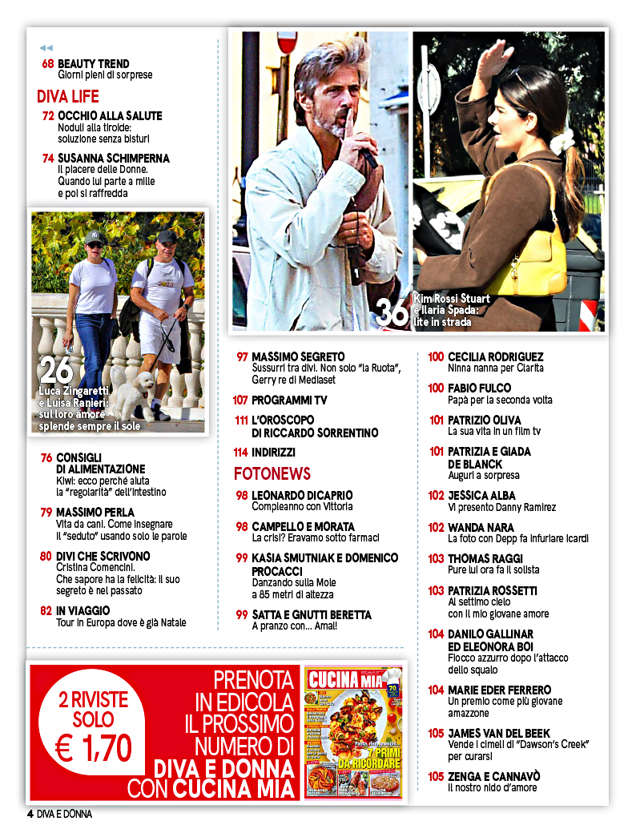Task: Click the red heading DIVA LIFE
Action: point(68,97)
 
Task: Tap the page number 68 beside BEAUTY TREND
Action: point(48,64)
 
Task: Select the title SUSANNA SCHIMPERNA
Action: point(114,159)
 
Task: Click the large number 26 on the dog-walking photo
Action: point(56,370)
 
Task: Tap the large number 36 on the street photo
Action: point(392,311)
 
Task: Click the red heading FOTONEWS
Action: point(272,473)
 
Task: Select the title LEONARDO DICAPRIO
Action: point(302,496)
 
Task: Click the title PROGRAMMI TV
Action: point(289,400)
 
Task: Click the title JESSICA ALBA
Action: point(482,496)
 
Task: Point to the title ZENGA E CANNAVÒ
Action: point(494,776)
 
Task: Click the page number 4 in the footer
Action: point(30,815)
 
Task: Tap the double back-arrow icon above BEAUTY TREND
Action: point(46,48)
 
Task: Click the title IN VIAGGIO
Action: point(83,611)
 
